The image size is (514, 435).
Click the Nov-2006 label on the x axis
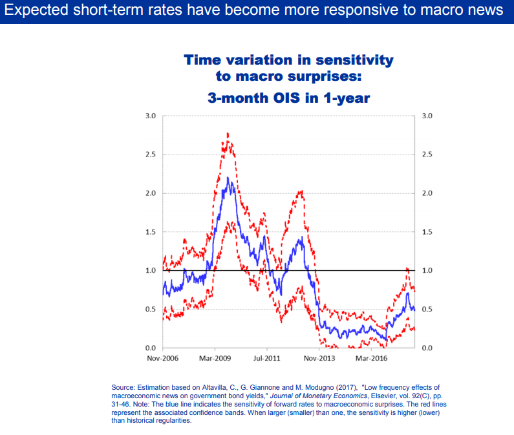162,357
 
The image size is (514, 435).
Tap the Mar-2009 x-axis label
216,357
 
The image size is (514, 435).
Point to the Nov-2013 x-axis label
319,357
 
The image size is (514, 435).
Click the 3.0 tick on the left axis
151,116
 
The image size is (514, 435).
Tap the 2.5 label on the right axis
427,155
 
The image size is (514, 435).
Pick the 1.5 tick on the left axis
151,232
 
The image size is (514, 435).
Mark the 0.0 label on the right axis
427,348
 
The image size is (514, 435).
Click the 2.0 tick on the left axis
151,194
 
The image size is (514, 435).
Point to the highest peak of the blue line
228,177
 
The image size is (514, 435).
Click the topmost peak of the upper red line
228,133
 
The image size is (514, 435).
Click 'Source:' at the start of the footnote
124,387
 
